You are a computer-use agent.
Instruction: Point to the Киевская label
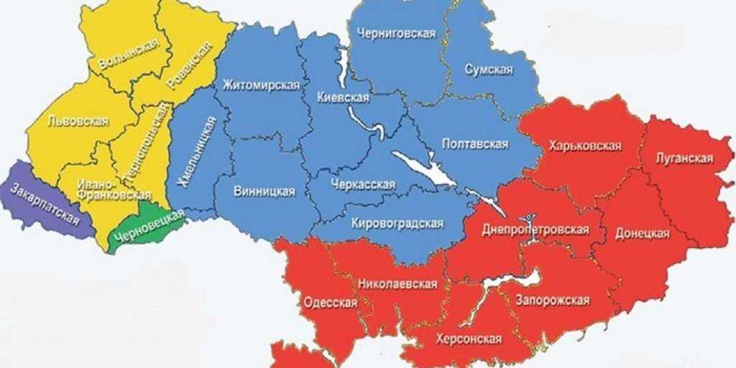tap(343, 98)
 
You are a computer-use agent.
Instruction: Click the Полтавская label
tap(474, 144)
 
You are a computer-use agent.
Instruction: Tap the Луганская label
tap(684, 158)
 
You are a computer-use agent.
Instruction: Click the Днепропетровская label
tap(535, 230)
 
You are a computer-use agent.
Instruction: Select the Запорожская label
tap(553, 300)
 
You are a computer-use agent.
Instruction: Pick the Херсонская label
tap(469, 337)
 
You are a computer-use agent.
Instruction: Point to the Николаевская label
tap(397, 284)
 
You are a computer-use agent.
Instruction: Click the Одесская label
tap(331, 302)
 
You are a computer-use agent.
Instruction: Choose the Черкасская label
tap(363, 185)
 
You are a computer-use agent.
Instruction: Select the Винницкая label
tap(264, 191)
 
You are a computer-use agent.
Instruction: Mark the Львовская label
tap(77, 121)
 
